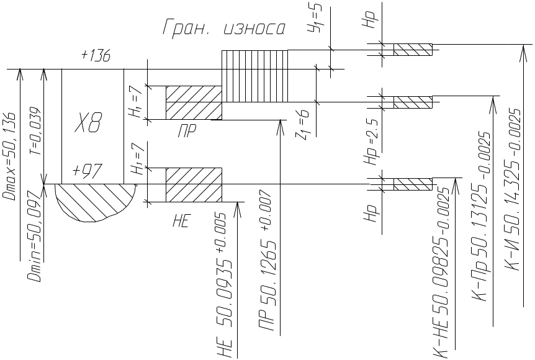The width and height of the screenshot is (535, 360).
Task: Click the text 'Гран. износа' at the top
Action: pos(223,28)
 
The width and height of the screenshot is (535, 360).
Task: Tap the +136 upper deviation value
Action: pos(96,56)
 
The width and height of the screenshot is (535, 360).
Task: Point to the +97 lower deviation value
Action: pos(88,171)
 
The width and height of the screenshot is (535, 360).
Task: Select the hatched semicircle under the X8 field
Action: pos(96,200)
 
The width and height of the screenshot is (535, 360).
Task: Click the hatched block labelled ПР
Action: pos(193,102)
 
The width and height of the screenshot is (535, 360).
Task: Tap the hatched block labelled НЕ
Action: pos(193,184)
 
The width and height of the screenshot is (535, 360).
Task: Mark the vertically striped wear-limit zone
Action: pos(254,76)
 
